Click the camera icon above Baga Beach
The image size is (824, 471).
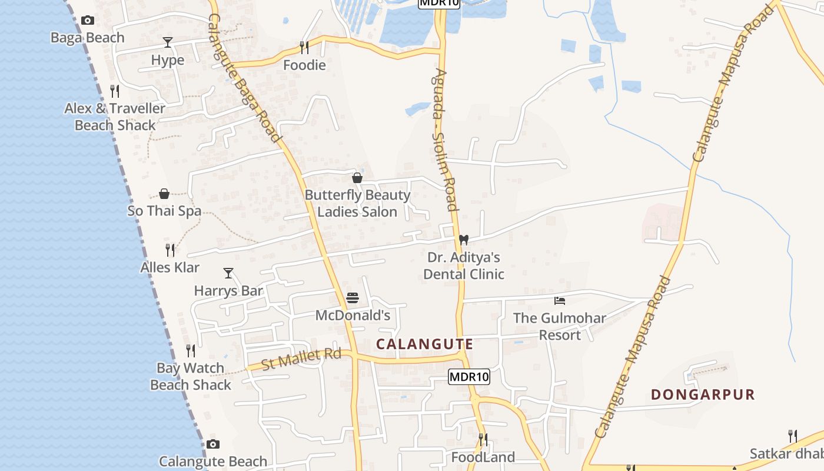pyautogui.click(x=88, y=21)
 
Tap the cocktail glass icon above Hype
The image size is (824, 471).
pyautogui.click(x=168, y=42)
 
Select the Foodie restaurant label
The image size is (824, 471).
pyautogui.click(x=304, y=65)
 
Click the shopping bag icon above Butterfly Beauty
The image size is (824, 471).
pyautogui.click(x=357, y=178)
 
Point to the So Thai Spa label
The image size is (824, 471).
pyautogui.click(x=164, y=211)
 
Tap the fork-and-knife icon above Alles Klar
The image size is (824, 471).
pyautogui.click(x=170, y=250)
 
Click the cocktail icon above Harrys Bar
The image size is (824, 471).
pyautogui.click(x=228, y=273)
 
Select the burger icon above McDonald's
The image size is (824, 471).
pyautogui.click(x=353, y=298)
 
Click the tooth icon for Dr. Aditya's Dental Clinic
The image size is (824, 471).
pyautogui.click(x=464, y=240)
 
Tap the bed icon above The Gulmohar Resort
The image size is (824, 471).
pyautogui.click(x=560, y=301)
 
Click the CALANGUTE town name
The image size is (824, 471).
pyautogui.click(x=424, y=344)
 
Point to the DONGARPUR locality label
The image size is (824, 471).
pyautogui.click(x=703, y=394)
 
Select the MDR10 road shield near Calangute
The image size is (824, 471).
pyautogui.click(x=469, y=377)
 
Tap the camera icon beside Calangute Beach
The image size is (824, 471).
pyautogui.click(x=213, y=444)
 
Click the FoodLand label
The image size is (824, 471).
pyautogui.click(x=483, y=457)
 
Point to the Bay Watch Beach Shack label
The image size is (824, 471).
pyautogui.click(x=191, y=376)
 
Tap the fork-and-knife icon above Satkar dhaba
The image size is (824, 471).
pyautogui.click(x=793, y=436)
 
